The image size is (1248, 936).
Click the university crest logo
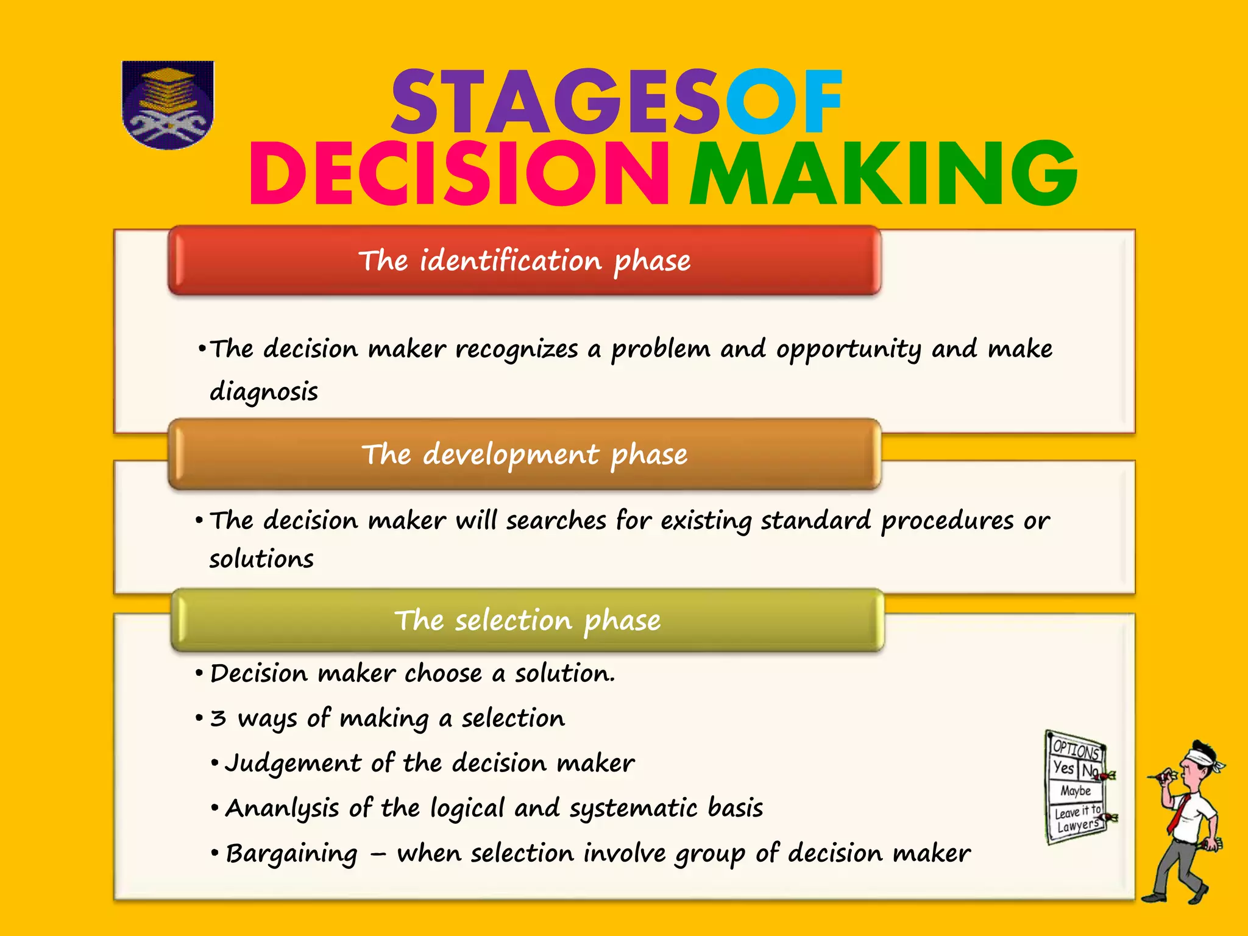[168, 105]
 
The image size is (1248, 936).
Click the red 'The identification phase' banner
[524, 261]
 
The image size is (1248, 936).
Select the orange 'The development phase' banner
[524, 455]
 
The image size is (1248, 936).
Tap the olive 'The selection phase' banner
[527, 620]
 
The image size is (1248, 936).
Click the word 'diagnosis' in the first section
[263, 391]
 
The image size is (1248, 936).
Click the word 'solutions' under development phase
[261, 559]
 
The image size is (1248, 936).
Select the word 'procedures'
[947, 521]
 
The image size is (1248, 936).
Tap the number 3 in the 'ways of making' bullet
[218, 718]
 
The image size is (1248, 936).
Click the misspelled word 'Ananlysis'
[282, 809]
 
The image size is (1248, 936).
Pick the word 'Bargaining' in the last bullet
[291, 854]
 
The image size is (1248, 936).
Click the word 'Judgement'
[293, 764]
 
